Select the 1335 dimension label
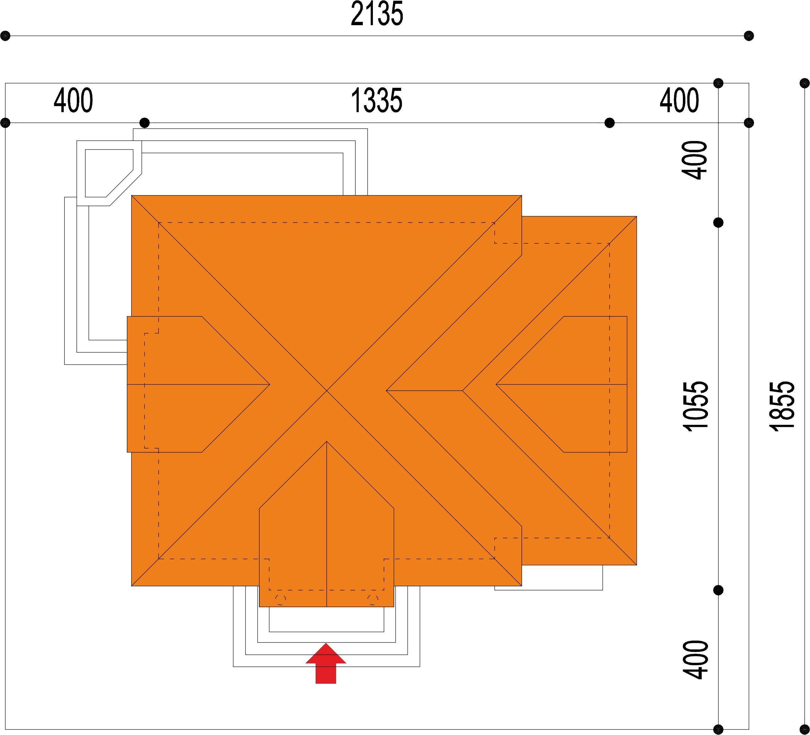click(x=376, y=101)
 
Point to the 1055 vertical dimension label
click(x=695, y=406)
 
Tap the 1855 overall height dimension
click(x=782, y=406)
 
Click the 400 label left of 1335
click(x=74, y=101)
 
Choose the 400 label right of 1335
click(x=679, y=101)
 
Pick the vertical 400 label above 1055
click(x=694, y=160)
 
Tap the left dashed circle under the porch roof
click(x=280, y=600)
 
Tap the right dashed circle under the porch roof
click(x=373, y=600)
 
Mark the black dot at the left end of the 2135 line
click(x=5, y=36)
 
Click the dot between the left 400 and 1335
click(x=145, y=122)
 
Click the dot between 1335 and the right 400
click(x=610, y=122)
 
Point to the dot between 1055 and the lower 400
click(x=718, y=590)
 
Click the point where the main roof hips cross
click(x=327, y=391)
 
